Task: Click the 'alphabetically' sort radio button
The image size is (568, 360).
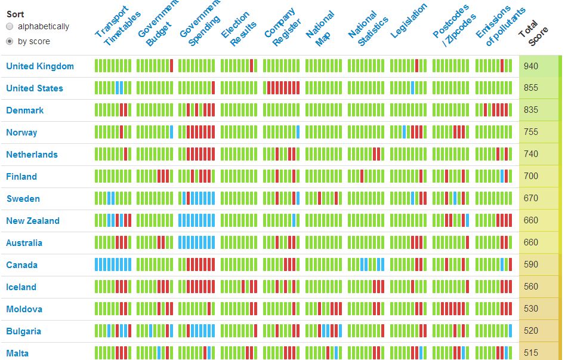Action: coord(10,27)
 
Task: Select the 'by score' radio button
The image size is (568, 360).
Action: coord(10,42)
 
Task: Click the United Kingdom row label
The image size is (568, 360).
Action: coord(40,66)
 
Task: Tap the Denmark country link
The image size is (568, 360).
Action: coord(25,110)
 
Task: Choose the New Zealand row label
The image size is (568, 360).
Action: coord(33,221)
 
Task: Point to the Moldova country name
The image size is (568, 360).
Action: coord(24,309)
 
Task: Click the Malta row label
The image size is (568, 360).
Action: coord(17,353)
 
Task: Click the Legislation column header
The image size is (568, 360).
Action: coord(409,21)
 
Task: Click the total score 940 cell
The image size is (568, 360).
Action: coord(531,66)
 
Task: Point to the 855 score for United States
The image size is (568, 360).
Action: coord(531,88)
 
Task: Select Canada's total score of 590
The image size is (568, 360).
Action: coord(531,265)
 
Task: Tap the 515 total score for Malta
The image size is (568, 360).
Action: coord(531,353)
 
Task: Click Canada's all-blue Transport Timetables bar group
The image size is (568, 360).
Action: coord(113,265)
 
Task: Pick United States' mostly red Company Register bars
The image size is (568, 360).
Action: coord(281,88)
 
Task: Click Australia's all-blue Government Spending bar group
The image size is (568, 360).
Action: coord(197,243)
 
